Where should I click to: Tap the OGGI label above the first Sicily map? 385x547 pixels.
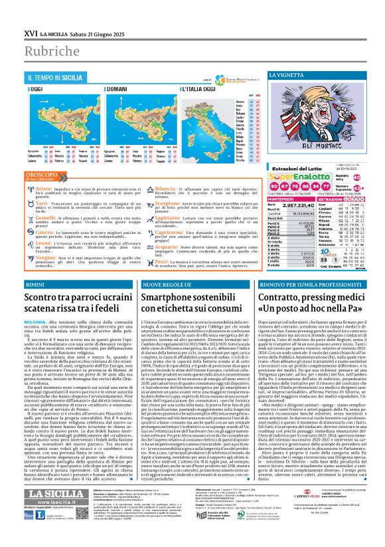pos(37,89)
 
